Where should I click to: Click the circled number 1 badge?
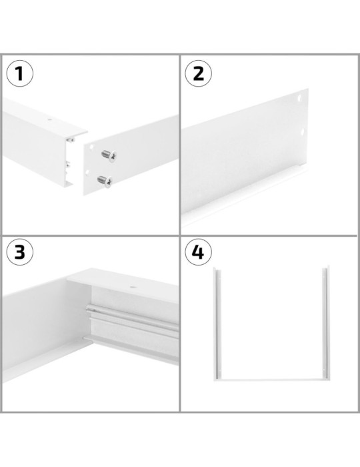pyautogui.click(x=20, y=74)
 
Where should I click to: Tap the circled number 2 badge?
pyautogui.click(x=198, y=74)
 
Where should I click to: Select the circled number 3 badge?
pyautogui.click(x=20, y=252)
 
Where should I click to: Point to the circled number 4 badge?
pyautogui.click(x=198, y=253)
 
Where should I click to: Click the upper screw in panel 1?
pyautogui.click(x=107, y=155)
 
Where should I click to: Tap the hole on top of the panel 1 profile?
pyautogui.click(x=50, y=122)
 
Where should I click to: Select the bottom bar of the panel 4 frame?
pyautogui.click(x=270, y=378)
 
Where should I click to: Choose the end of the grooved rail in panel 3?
pyautogui.click(x=88, y=310)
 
